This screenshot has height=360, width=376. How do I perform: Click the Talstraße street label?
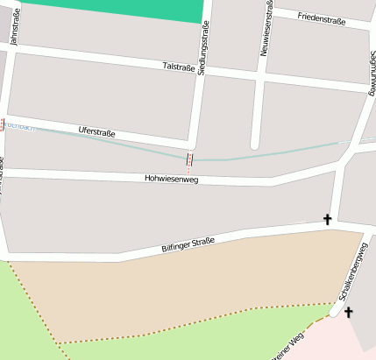point(179,67)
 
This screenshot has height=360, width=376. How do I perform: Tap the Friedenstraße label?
point(323,18)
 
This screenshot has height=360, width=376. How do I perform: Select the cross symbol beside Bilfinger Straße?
point(328,219)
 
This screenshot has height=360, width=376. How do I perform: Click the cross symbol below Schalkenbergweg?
point(348,312)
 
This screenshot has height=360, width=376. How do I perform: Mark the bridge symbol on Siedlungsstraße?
point(189,159)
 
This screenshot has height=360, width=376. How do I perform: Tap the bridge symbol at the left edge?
point(3,124)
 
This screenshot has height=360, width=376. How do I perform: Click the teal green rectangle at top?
point(114,10)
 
